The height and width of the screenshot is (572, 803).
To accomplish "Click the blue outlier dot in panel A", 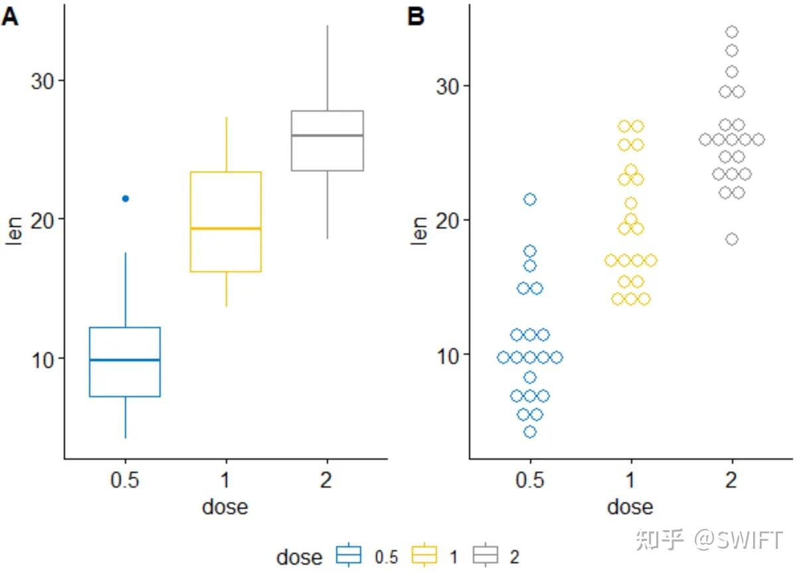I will [x=126, y=199].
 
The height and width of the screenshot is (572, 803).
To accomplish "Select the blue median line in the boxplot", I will [x=125, y=360].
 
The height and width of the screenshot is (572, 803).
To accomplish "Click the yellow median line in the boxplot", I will [x=226, y=229].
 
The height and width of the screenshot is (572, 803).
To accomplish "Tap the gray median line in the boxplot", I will [x=327, y=136].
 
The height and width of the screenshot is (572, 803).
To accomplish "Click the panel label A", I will [x=10, y=18].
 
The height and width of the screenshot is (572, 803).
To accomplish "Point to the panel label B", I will [x=416, y=17].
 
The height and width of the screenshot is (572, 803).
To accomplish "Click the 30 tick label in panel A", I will [x=45, y=80].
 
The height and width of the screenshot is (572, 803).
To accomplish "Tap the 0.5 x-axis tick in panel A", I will [x=125, y=480].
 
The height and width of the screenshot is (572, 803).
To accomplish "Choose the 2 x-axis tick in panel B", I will [x=731, y=480].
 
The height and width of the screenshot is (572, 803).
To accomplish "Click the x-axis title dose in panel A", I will [x=225, y=507].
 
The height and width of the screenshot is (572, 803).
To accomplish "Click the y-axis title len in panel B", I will [x=419, y=229].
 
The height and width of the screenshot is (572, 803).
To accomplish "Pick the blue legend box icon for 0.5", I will [x=349, y=555].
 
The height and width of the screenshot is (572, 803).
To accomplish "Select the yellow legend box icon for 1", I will [x=425, y=555].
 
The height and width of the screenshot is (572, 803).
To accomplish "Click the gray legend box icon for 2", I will [x=486, y=555].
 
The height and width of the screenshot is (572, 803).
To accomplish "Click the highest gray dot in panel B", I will [x=732, y=32].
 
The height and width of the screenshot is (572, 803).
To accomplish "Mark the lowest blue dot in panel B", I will [x=530, y=432].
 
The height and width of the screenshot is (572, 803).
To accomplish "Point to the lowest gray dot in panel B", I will [x=732, y=239].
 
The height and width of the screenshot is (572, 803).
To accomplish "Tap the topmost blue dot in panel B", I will [x=530, y=199].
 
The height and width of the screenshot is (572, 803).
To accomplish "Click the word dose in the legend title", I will [x=299, y=557].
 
